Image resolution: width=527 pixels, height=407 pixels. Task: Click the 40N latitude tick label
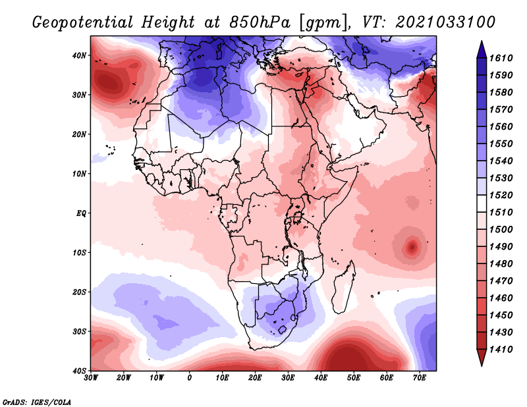coord(79,55)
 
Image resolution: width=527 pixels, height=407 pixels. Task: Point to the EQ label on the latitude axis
coord(81,213)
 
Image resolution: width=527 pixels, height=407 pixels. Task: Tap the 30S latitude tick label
coord(79,331)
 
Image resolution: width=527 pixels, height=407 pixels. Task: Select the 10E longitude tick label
coord(222,378)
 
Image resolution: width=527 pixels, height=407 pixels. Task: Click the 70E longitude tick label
coord(420,378)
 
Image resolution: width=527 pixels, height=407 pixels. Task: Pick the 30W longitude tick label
coord(91,378)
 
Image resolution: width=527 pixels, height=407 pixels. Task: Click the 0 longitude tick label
coord(190,378)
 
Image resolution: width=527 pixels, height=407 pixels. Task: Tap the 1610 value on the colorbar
coord(501,58)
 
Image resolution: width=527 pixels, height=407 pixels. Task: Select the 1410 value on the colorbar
coord(501,350)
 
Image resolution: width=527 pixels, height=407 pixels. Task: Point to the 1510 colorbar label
coord(501,213)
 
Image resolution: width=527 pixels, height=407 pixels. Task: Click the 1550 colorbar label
coord(501,144)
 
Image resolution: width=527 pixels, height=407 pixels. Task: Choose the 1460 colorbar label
coord(501,298)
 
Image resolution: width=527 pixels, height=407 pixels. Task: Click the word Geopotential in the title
coord(82,23)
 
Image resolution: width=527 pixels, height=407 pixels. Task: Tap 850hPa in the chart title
coord(260,22)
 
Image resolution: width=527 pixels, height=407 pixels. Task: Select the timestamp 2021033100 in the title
coord(445,22)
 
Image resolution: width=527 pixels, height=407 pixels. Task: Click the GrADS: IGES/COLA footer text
coord(37,402)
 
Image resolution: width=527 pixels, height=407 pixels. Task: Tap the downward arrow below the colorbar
coord(482,358)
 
